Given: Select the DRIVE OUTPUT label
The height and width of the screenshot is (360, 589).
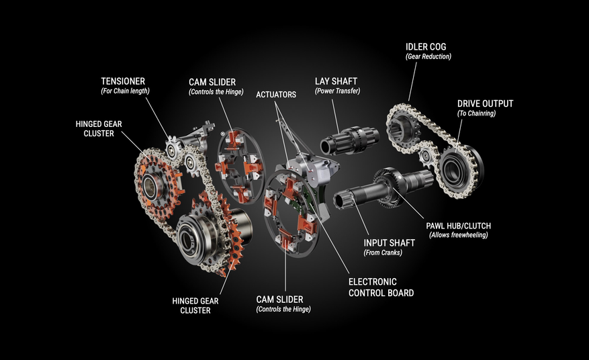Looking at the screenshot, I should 485,103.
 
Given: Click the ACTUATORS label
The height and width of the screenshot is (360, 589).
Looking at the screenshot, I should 275,95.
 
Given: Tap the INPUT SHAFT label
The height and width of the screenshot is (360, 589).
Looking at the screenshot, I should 389,242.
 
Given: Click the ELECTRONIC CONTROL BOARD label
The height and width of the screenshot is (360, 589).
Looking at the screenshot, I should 381,287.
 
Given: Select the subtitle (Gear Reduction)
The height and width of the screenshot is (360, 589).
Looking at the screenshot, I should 428,57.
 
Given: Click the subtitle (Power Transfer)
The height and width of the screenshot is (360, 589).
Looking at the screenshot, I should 337,91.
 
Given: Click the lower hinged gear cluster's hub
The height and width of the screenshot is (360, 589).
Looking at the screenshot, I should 195,237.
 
